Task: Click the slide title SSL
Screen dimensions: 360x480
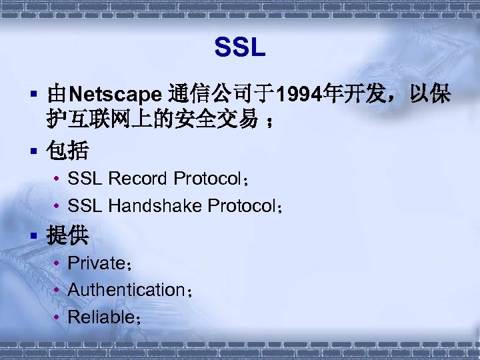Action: pos(240,47)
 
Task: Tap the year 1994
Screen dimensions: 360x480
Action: pos(298,95)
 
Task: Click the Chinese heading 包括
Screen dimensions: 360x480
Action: pos(67,151)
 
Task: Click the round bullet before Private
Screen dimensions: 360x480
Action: pos(58,264)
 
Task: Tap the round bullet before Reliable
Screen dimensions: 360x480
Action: pos(58,318)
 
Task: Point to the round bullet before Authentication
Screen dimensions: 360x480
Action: pos(58,291)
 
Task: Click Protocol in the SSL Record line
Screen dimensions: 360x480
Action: pos(206,179)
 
